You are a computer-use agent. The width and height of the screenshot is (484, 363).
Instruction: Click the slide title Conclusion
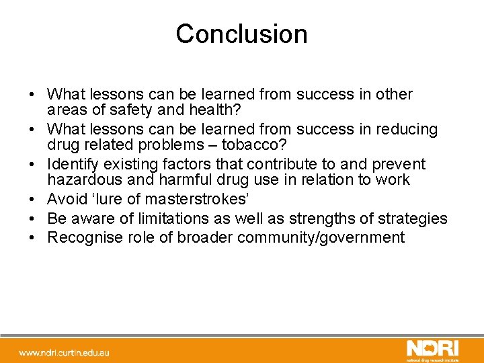coord(241,34)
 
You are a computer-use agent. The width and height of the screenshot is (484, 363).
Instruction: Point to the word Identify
coord(74,164)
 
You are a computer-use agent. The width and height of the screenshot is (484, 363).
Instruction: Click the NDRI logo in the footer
coord(432,348)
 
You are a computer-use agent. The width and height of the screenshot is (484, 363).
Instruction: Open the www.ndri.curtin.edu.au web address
coord(65,352)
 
